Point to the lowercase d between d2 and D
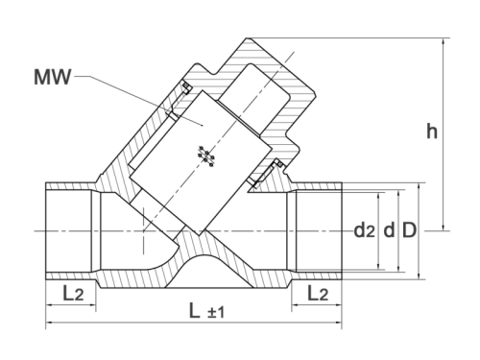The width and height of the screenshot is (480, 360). tap(389, 230)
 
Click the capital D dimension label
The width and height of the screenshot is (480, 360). tap(409, 230)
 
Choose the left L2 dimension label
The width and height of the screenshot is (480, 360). tap(70, 294)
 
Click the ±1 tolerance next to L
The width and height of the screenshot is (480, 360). tap(213, 312)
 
